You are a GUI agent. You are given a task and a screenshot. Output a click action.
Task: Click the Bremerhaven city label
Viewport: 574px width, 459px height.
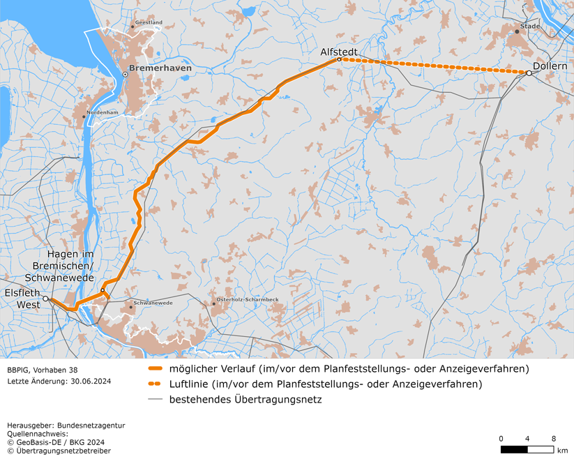point(160,69)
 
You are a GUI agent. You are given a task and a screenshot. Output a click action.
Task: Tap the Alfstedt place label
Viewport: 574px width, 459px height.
point(338,52)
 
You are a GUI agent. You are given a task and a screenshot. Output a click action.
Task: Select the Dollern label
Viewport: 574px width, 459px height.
point(550,66)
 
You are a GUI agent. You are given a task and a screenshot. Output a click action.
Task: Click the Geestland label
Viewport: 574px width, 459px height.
point(149,22)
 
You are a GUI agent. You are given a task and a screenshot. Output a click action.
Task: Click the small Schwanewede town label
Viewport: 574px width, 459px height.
point(153,303)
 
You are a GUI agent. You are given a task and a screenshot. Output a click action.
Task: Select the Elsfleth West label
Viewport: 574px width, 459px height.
point(20,299)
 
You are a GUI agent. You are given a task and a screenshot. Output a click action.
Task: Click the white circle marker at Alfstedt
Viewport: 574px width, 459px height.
point(339,60)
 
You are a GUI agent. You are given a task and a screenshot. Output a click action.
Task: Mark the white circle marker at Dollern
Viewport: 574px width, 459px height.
point(529,73)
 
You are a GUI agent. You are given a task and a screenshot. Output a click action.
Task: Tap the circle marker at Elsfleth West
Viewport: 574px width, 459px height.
point(45,299)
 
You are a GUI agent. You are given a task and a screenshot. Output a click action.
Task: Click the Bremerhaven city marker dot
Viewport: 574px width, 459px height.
point(125,74)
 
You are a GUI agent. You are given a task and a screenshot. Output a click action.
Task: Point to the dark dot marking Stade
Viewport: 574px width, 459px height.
point(517,31)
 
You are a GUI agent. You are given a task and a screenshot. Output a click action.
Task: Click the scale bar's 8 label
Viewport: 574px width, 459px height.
point(554,438)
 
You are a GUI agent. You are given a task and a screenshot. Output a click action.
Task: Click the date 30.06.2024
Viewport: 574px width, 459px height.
point(91,382)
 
